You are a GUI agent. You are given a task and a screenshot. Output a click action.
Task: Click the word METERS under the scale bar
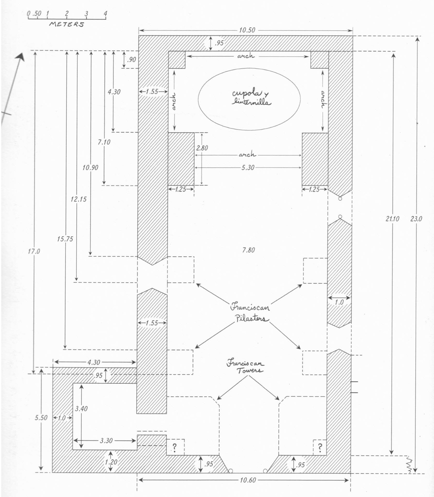click(x=67, y=24)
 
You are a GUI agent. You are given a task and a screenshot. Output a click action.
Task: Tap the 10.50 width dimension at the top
click(x=247, y=30)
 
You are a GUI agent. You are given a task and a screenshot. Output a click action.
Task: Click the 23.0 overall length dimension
click(x=416, y=219)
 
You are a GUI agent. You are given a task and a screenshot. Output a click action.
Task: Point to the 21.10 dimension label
click(x=392, y=219)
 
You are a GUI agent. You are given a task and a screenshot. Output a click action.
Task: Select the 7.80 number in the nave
click(x=248, y=250)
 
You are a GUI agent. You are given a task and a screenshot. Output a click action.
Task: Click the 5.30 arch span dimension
click(x=248, y=167)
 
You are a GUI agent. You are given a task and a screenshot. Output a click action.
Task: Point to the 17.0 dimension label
click(x=34, y=251)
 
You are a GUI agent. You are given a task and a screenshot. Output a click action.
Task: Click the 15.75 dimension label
click(x=65, y=239)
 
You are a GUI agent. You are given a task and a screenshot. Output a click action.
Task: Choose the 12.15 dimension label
click(x=79, y=199)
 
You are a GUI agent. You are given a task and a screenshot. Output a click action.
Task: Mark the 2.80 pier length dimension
click(x=202, y=148)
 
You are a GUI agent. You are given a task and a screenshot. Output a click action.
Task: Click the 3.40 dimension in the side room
click(x=81, y=409)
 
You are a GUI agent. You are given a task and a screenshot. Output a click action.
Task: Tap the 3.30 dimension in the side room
click(x=106, y=440)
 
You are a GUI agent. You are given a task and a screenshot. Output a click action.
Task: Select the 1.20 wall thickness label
click(x=111, y=462)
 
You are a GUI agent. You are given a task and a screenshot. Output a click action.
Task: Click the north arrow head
click(x=21, y=57)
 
